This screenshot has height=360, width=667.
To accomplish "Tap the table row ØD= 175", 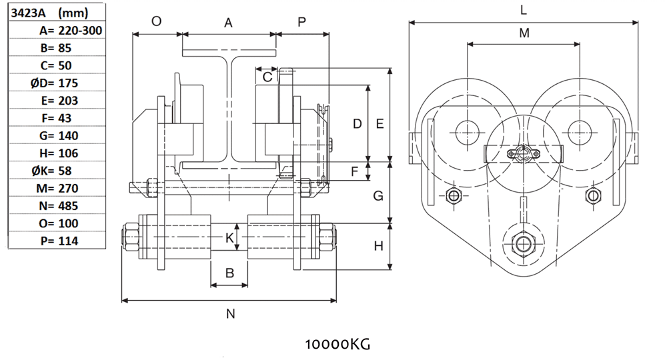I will click(59, 83).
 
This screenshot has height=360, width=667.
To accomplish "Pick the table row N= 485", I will click(59, 205).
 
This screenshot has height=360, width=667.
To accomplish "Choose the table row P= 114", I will click(59, 241).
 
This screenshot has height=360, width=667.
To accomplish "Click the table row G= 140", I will click(59, 135).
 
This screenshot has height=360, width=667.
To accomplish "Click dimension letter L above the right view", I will click(524, 10).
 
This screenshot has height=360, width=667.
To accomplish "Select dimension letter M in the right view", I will click(524, 33).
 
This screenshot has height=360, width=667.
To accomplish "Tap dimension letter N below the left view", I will click(230, 314).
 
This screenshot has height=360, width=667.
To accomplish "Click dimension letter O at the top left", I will click(156, 21).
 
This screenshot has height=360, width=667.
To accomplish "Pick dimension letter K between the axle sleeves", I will click(229, 238).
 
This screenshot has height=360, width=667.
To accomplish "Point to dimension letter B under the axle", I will click(229, 273).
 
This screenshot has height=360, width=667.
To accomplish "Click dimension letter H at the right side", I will click(379, 246).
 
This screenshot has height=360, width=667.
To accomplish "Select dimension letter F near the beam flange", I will click(356, 171).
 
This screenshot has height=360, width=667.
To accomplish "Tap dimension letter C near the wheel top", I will click(267, 77).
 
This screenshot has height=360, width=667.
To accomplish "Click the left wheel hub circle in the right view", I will click(468, 129).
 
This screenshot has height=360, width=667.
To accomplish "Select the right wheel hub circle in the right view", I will click(578, 129).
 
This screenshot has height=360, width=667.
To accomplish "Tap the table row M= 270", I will click(59, 188).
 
